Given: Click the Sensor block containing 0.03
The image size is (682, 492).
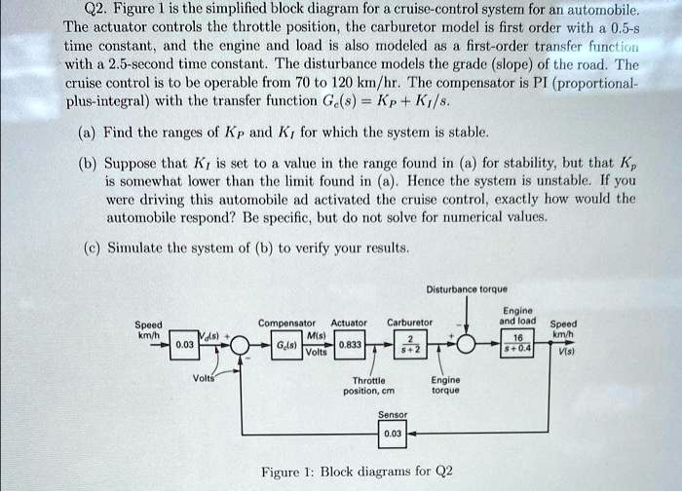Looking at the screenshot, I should (x=392, y=434).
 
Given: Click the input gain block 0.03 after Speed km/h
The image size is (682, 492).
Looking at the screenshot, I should (x=184, y=345).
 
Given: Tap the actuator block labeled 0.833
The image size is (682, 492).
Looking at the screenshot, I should (x=353, y=344).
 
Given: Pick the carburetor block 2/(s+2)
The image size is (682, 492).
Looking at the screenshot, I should (x=410, y=344).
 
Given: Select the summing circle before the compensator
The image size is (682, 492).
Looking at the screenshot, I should (x=240, y=345).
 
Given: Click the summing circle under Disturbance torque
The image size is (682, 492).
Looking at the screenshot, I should (x=467, y=345).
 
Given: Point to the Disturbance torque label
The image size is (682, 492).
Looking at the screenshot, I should (x=466, y=288).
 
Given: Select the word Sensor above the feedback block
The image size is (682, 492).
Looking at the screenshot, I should (x=392, y=413).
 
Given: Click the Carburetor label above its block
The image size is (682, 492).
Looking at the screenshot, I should (x=409, y=322).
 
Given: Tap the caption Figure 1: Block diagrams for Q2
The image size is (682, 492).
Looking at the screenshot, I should (x=357, y=473).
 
